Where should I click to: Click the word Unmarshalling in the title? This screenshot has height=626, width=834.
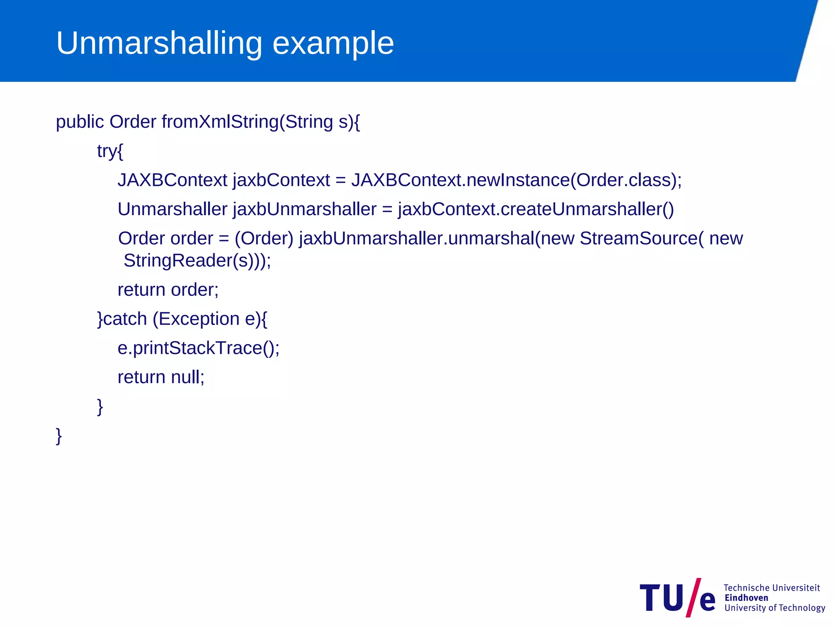[x=159, y=43]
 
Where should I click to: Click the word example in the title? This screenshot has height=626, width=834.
[x=333, y=43]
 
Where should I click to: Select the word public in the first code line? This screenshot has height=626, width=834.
[x=80, y=122]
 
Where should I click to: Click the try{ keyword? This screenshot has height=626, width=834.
[x=110, y=151]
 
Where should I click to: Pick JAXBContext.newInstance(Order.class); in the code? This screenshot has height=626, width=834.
[x=516, y=180]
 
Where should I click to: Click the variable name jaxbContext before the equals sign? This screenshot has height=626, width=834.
[x=281, y=180]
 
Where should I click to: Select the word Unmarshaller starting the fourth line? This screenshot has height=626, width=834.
[x=172, y=209]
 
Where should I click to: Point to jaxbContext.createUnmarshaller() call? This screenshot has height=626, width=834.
[x=536, y=209]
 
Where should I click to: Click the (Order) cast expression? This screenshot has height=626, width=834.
[x=264, y=238]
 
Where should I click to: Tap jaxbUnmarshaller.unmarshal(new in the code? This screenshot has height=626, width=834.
[x=437, y=238]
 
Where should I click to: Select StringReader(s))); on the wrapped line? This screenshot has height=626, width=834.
[x=197, y=260]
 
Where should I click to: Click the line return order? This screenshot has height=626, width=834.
[x=168, y=290]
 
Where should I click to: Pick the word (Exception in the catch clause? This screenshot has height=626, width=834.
[x=196, y=319]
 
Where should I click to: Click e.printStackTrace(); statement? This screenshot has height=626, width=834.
[x=198, y=348]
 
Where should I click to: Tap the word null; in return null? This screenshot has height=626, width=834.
[x=187, y=377]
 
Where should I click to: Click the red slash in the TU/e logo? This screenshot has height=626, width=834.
[x=694, y=597]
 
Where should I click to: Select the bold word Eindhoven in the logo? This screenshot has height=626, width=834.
[x=746, y=598]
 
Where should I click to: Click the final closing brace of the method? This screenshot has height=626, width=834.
[x=59, y=436]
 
